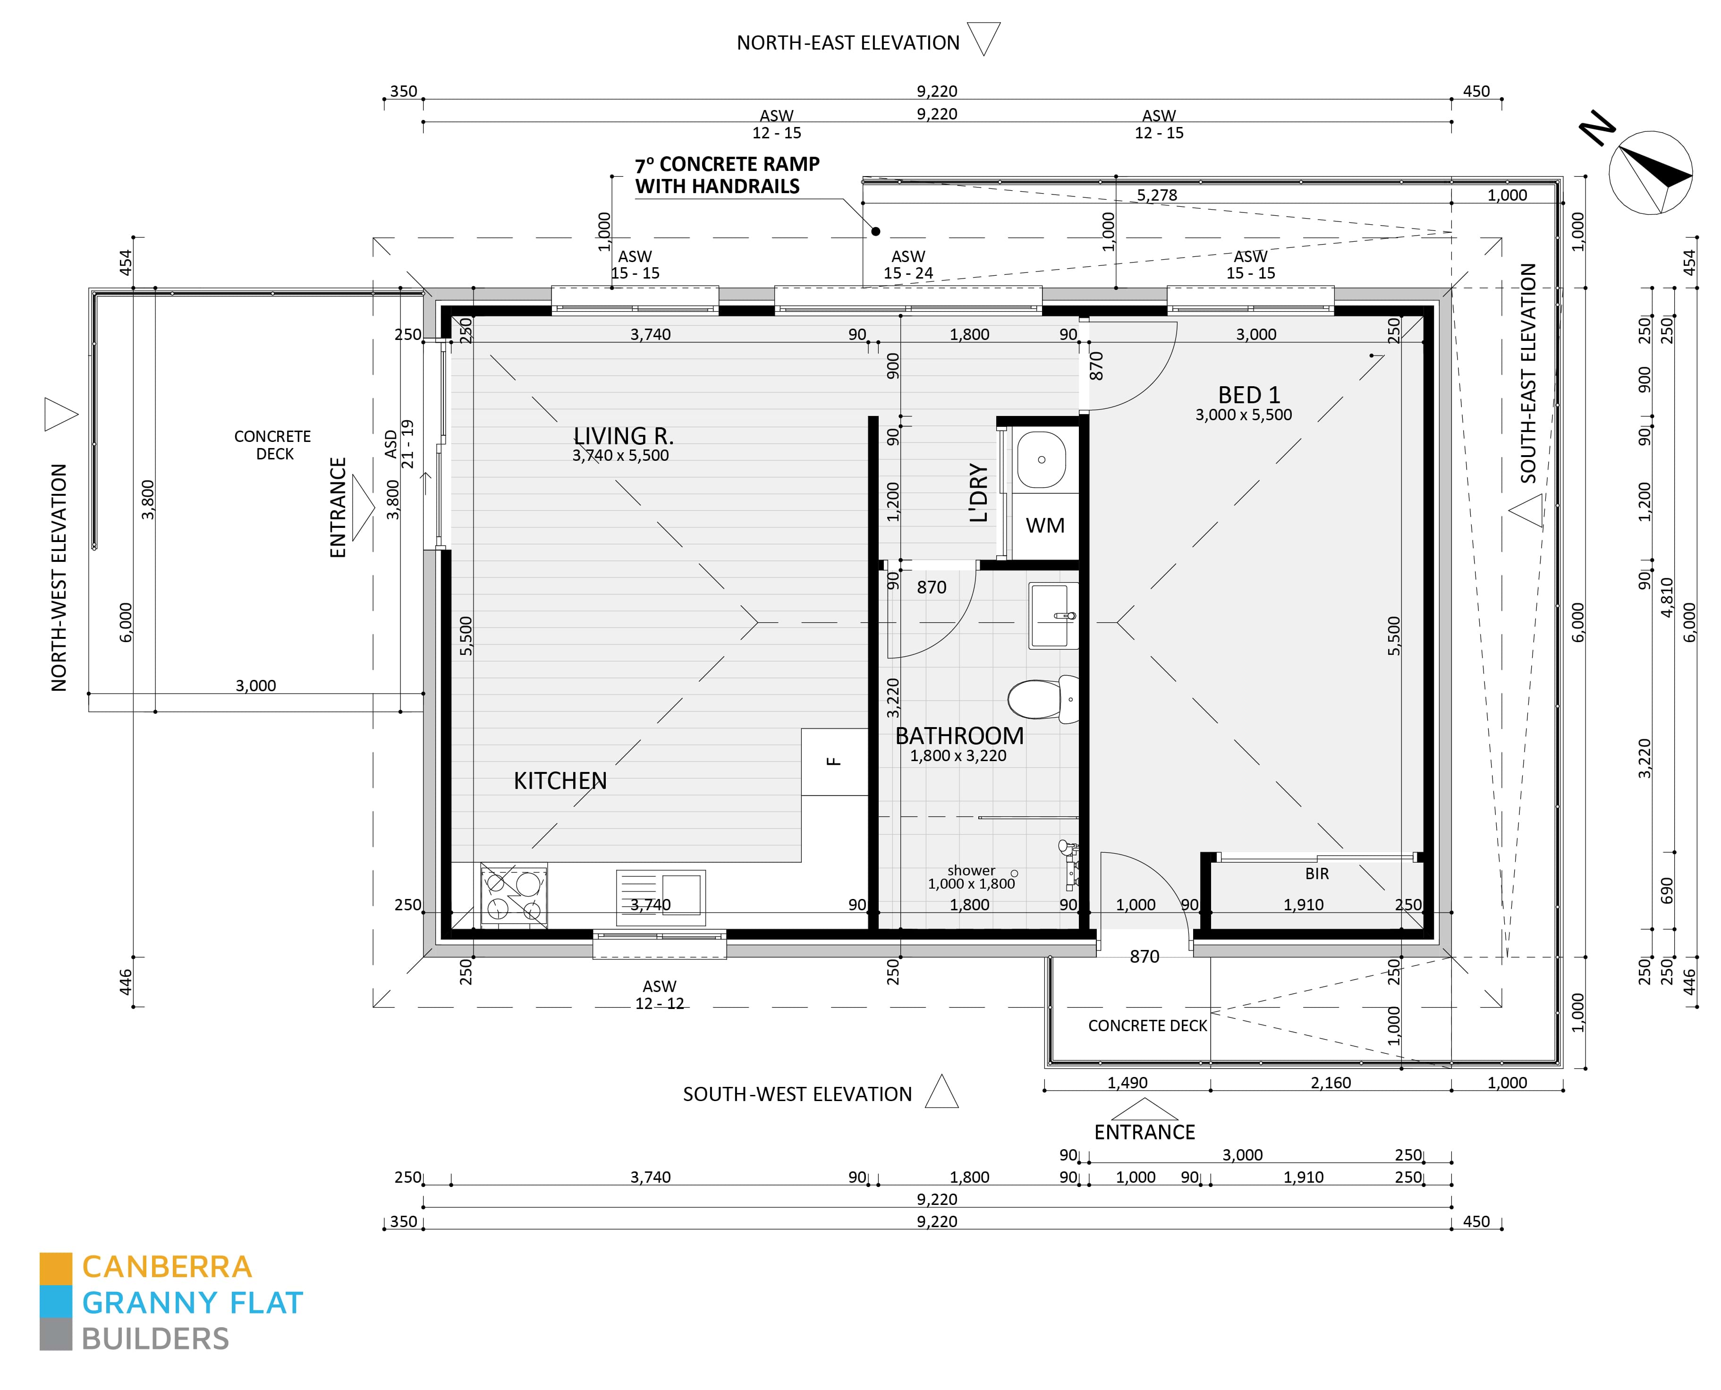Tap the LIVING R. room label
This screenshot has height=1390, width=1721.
623,436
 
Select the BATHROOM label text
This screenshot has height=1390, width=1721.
958,735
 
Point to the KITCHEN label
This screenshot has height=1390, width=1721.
560,780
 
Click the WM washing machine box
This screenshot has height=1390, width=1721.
1044,525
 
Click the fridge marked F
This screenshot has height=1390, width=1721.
834,762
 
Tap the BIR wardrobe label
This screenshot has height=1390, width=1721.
1316,873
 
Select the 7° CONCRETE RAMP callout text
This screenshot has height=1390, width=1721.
727,175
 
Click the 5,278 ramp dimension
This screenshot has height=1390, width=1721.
1156,195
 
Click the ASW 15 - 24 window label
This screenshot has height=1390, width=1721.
908,264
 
